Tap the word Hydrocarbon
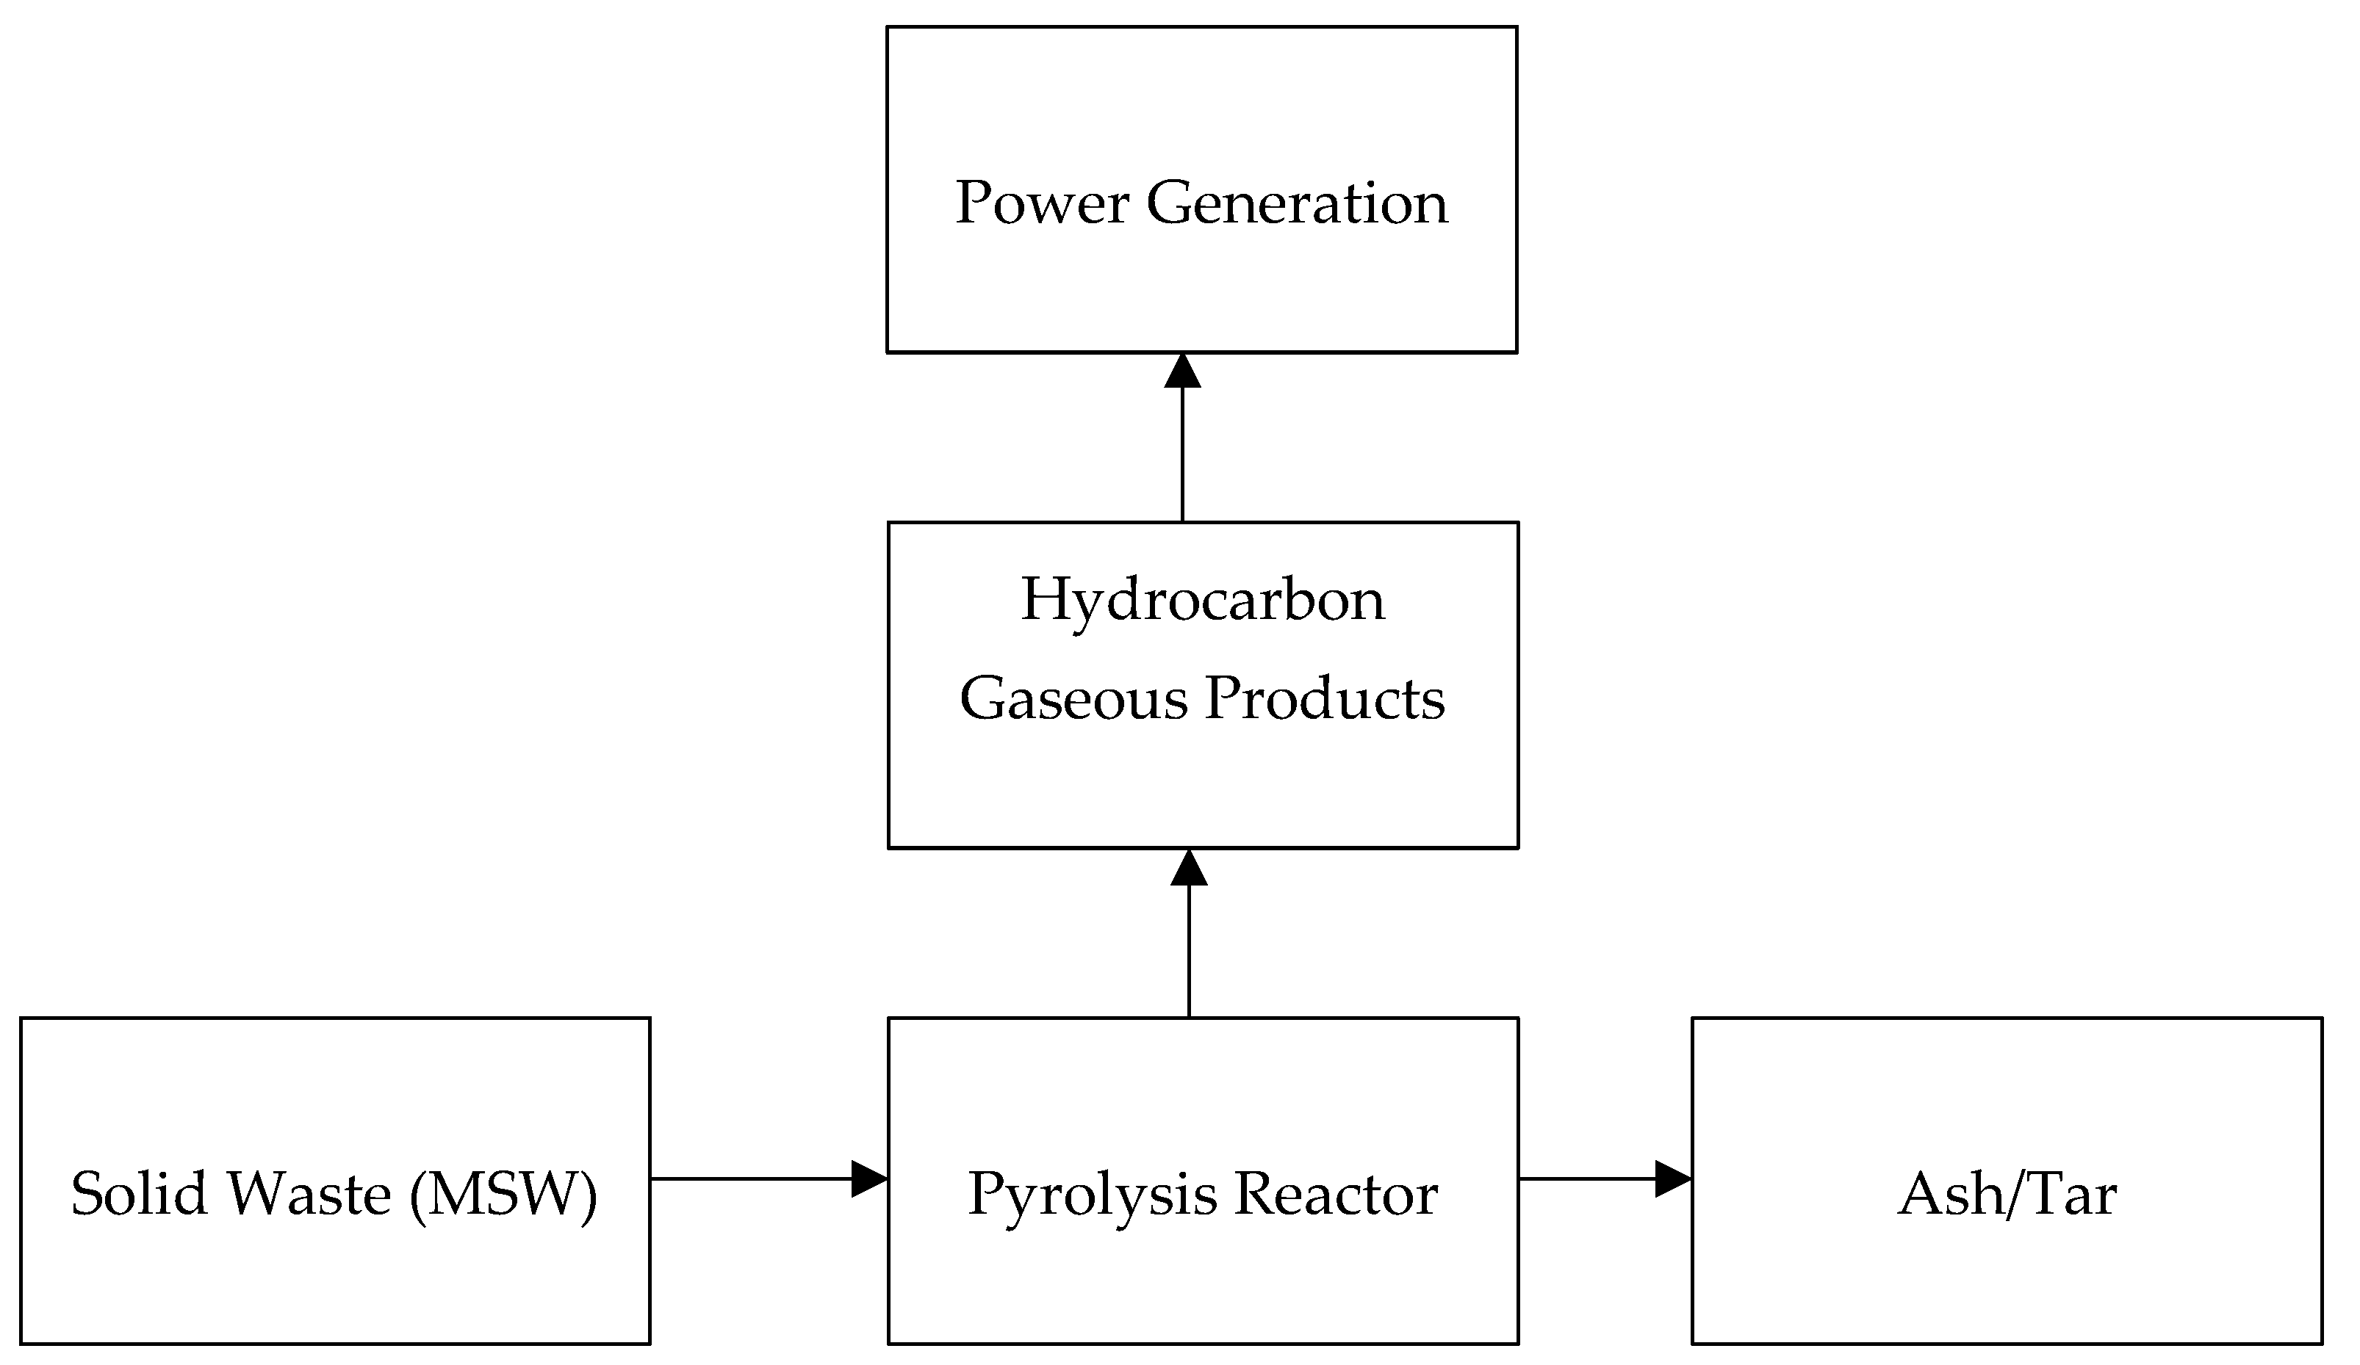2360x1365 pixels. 1203,600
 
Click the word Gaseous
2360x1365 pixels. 1074,698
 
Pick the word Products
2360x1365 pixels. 1324,698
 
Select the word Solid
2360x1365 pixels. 139,1195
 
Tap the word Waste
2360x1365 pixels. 310,1195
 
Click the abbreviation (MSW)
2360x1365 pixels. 503,1195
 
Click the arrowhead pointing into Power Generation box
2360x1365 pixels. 1183,371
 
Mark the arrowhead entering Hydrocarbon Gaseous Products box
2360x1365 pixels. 1190,868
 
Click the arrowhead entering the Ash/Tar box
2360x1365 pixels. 1672,1178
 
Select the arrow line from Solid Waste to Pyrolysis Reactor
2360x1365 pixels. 749,1178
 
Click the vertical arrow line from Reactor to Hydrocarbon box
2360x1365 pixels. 1190,955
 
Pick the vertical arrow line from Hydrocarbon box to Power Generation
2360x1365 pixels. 1183,454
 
